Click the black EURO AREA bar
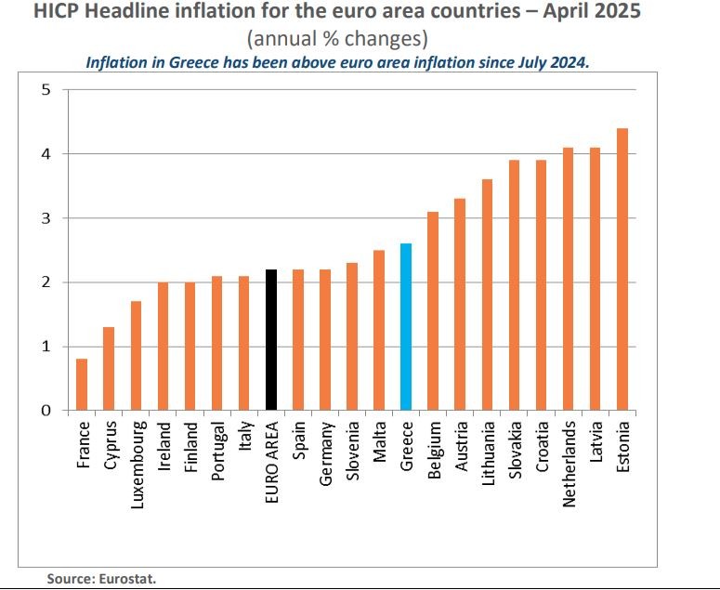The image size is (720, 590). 271,339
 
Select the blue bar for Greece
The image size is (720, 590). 406,326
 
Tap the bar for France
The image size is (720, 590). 82,385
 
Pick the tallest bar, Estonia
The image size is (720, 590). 622,269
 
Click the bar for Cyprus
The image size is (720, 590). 109,369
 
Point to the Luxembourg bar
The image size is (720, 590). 136,356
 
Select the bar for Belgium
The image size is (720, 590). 433,310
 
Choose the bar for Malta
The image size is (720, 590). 379,330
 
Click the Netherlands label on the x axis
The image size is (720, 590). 569,464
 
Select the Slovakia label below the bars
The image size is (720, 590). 515,452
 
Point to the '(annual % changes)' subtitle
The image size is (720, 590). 337,40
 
